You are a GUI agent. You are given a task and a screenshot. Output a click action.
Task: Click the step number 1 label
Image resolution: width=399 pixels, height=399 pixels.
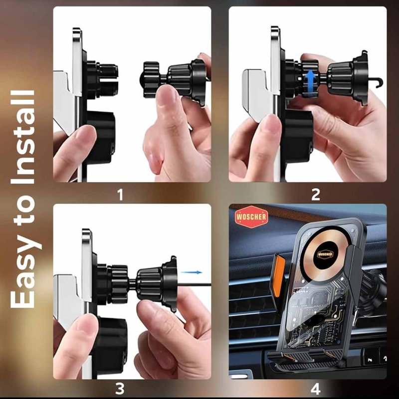[x=120, y=195]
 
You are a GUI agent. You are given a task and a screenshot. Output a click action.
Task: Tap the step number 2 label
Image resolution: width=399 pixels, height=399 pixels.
[x=316, y=195]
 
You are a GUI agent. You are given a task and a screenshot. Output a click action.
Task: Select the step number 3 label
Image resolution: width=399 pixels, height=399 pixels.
[x=120, y=389]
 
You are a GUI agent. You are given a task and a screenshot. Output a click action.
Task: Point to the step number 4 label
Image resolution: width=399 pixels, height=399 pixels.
[x=315, y=389]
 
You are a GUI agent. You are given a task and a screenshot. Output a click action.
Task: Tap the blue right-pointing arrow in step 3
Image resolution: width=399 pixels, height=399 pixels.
[x=191, y=272]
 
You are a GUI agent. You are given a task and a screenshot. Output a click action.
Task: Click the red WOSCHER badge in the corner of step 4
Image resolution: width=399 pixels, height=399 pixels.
[x=251, y=217]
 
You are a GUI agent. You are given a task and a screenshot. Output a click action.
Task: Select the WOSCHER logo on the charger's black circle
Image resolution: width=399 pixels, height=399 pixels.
[x=325, y=254]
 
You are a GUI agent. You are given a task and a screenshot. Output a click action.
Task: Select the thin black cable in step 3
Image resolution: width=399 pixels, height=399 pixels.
[x=194, y=284]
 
